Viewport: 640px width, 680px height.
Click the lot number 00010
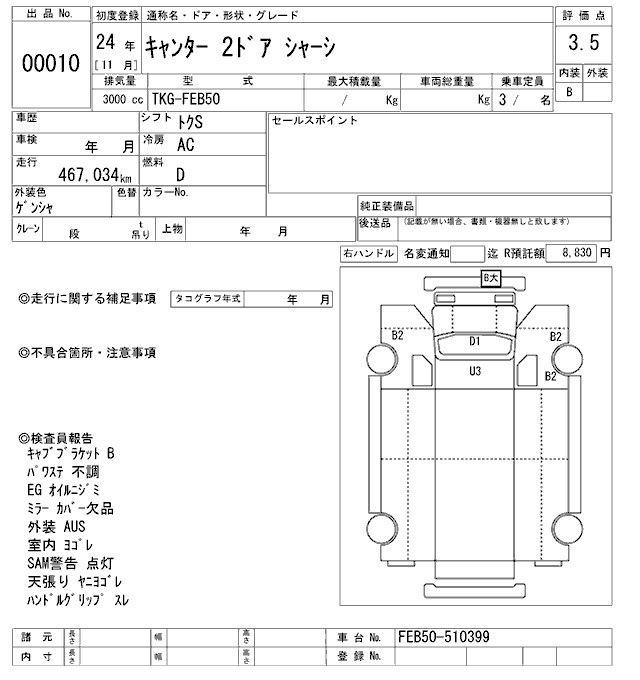(51, 64)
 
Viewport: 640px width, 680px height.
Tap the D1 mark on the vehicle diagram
(476, 341)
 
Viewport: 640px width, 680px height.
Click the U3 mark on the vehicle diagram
(476, 371)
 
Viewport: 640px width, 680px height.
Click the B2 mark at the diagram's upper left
(397, 336)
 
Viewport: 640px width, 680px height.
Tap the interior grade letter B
(569, 92)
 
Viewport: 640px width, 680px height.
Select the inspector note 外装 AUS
(57, 526)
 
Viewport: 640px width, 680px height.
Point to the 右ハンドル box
(368, 255)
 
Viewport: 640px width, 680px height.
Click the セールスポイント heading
(314, 121)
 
